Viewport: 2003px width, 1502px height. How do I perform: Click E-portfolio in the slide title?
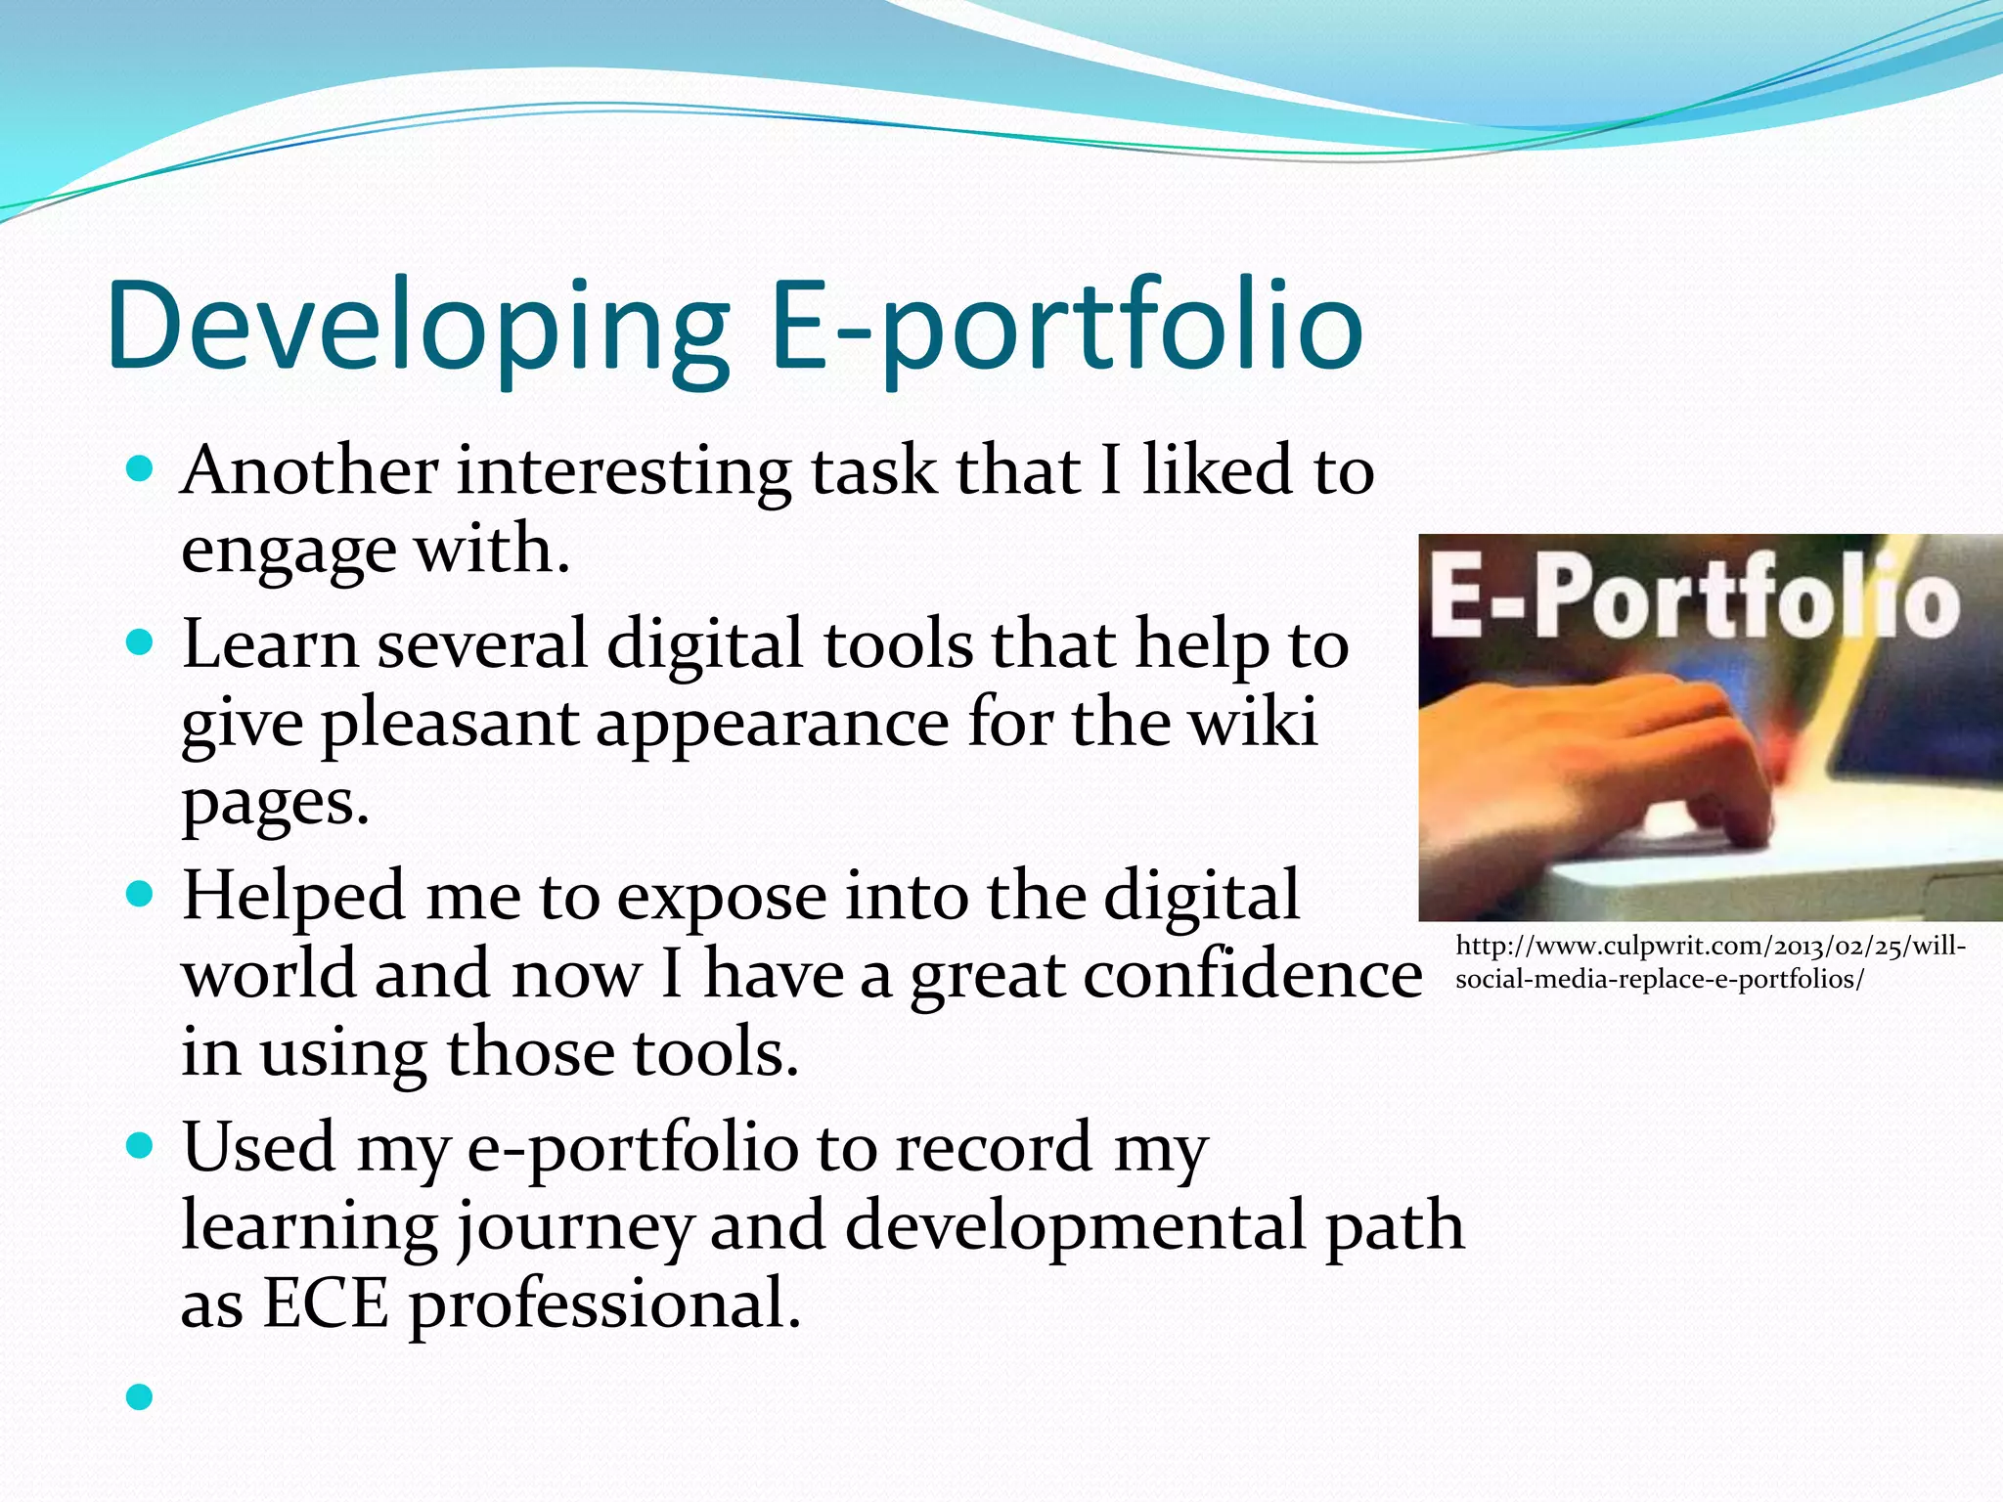coord(1066,328)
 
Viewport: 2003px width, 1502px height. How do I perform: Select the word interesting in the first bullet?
coord(623,471)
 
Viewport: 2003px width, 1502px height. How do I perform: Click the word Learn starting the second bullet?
coord(270,645)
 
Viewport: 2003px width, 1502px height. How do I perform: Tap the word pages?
coord(274,804)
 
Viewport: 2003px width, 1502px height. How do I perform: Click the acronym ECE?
coord(326,1304)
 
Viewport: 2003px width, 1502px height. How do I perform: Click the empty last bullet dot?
coord(140,1396)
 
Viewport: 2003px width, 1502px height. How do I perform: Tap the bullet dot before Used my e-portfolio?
coord(140,1145)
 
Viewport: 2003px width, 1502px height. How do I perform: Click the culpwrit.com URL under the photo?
coord(1709,962)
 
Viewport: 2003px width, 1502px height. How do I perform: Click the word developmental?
coord(1076,1226)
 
